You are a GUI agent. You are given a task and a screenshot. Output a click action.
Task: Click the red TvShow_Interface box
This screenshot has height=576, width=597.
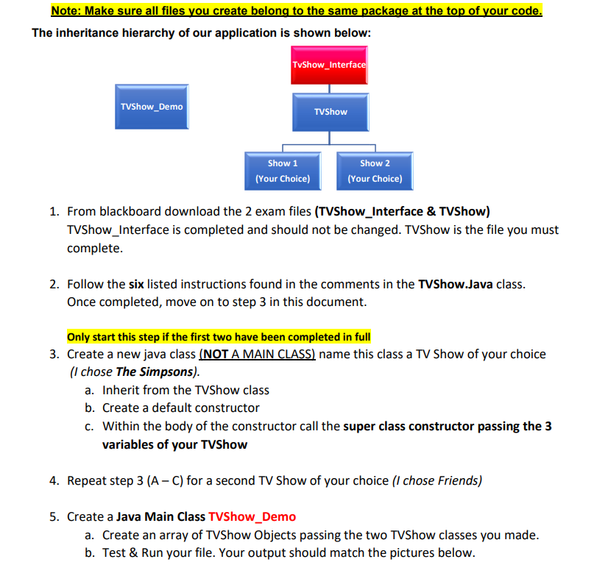(328, 65)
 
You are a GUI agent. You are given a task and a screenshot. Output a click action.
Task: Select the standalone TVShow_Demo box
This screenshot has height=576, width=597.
(152, 107)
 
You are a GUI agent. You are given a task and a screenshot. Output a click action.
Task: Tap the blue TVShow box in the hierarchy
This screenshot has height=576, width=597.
(330, 112)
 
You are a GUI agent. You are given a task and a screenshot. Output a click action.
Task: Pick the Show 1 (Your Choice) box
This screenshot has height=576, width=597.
(283, 171)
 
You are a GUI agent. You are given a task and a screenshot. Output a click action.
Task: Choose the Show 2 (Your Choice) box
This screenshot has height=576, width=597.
(375, 171)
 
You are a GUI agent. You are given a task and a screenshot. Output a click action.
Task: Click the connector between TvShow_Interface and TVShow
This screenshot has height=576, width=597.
(329, 88)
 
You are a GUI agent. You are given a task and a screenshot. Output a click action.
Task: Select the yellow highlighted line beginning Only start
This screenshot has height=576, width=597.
(219, 337)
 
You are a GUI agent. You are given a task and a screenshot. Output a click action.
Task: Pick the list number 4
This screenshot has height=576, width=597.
(54, 480)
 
